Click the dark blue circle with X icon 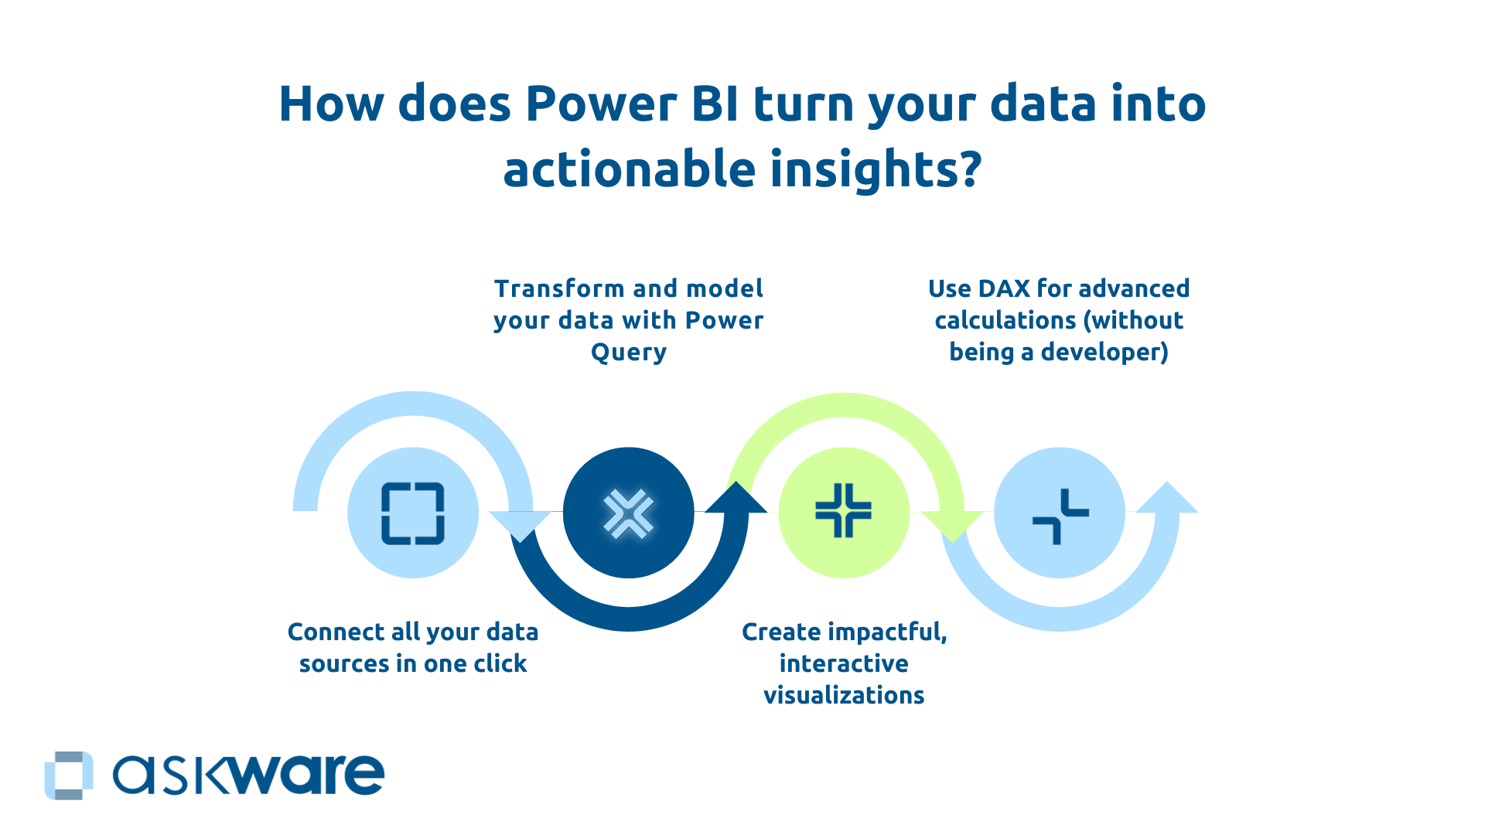628,513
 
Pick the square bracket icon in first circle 413,513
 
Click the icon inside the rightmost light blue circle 1060,516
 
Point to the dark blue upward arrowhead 736,498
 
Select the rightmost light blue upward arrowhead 1167,499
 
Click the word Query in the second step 628,353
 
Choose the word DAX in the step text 1003,288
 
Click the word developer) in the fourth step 1104,353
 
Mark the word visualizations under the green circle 844,695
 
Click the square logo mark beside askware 69,775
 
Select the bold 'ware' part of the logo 305,775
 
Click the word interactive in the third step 844,663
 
